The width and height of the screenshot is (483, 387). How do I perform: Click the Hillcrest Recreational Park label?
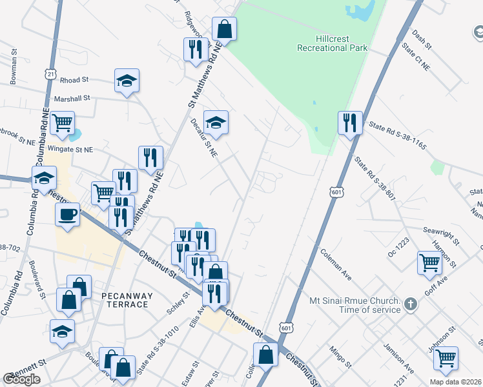coord(332,43)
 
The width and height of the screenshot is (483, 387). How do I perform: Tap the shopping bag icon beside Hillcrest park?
coord(224,28)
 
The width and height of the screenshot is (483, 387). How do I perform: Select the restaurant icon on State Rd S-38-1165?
coord(349,123)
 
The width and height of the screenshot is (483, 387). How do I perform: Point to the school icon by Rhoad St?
coord(127,81)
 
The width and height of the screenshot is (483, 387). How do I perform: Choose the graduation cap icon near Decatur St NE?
coord(216,121)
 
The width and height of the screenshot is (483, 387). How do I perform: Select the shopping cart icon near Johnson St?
coord(445,359)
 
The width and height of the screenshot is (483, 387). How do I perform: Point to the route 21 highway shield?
coord(51,75)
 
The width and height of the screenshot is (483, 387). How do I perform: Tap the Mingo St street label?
coord(339,359)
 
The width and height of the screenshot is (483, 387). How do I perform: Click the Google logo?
coord(21,379)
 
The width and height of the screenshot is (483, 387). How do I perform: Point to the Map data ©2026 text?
coord(455,382)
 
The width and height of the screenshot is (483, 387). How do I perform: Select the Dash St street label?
coord(421,38)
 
